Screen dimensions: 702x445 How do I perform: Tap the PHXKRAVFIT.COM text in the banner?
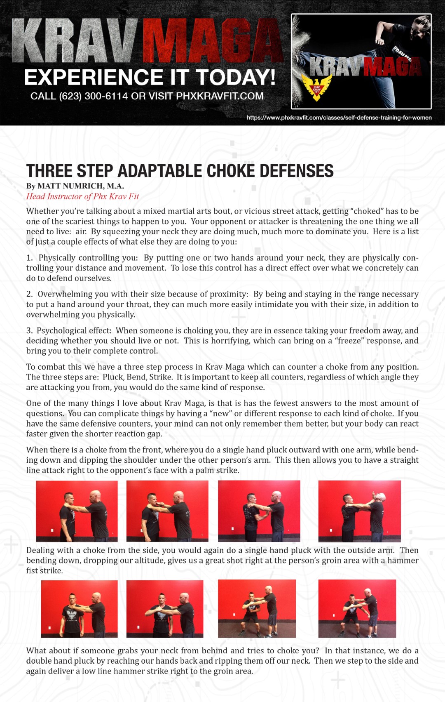[220, 96]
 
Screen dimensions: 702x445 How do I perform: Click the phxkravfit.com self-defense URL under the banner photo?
[339, 118]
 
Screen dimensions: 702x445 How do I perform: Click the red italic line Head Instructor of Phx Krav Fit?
[82, 196]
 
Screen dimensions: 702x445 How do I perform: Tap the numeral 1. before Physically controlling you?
[29, 258]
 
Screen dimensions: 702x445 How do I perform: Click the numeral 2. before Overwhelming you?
[29, 294]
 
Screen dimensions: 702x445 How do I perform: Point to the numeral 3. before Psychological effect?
[29, 330]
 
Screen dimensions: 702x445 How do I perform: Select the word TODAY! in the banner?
[235, 77]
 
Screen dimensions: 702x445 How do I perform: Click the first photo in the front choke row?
[77, 511]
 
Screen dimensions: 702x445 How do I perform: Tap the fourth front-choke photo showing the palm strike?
[359, 511]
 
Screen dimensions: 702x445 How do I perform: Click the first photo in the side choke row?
[79, 609]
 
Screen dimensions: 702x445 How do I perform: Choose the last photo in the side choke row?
[357, 608]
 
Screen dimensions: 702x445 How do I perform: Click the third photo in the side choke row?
[257, 608]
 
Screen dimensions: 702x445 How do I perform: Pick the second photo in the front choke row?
[167, 511]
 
